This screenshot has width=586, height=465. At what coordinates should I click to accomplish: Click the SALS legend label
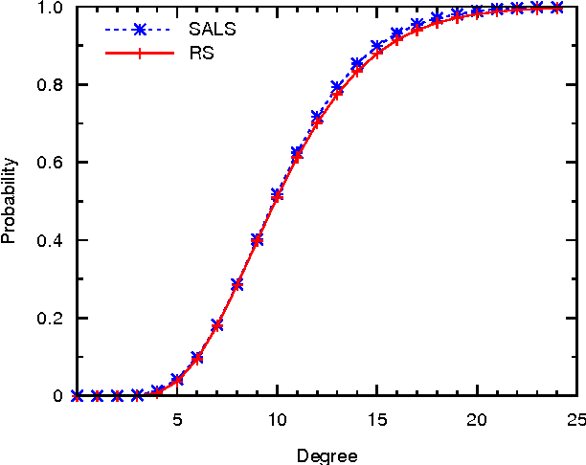[212, 28]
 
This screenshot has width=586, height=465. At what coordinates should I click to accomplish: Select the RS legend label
[201, 53]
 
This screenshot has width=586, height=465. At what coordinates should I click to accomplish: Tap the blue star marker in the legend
[140, 29]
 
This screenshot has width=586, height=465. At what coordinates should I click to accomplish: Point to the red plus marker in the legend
[140, 54]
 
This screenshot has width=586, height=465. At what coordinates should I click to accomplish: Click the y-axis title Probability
[10, 202]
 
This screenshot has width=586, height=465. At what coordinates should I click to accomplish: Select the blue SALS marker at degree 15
[377, 46]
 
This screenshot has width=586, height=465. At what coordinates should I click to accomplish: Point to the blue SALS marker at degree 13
[337, 87]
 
